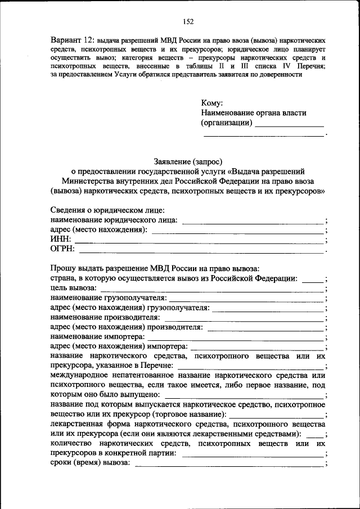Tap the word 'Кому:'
pyautogui.click(x=212, y=103)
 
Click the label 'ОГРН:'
pyautogui.click(x=62, y=250)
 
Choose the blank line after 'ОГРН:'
pyautogui.click(x=201, y=252)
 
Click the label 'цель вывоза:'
pyautogui.click(x=73, y=288)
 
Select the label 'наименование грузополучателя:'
pyautogui.click(x=109, y=298)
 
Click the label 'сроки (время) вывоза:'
pyautogui.click(x=90, y=463)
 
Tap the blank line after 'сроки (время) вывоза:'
pyautogui.click(x=228, y=466)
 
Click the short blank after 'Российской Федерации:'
pyautogui.click(x=313, y=281)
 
